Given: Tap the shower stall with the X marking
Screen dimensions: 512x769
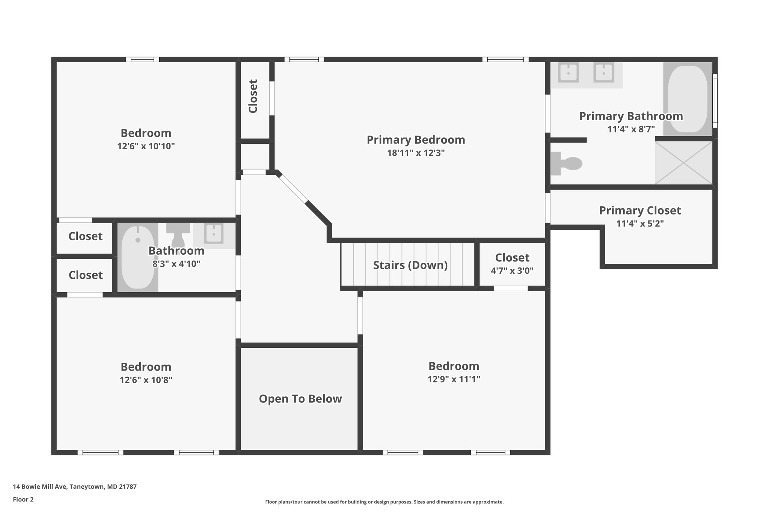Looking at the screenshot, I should (x=683, y=163).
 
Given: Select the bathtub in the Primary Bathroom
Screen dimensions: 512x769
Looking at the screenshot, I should (x=688, y=99).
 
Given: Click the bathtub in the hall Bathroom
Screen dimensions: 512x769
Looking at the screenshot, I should (x=138, y=257).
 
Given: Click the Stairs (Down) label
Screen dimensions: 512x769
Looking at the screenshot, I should (x=410, y=265).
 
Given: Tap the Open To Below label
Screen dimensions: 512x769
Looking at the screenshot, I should (x=300, y=399).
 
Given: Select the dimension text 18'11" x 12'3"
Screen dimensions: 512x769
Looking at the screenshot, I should (x=416, y=153).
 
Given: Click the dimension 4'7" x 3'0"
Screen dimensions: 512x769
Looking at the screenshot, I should (x=512, y=271).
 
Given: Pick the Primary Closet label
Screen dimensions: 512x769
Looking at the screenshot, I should (x=639, y=210).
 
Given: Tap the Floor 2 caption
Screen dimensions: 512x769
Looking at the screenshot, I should (x=23, y=499).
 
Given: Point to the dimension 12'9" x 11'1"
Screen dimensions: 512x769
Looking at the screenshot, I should (x=454, y=379).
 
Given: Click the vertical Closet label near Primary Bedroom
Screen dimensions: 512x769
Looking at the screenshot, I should (x=253, y=96).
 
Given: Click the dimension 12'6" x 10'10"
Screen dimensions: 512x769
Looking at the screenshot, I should (x=146, y=146).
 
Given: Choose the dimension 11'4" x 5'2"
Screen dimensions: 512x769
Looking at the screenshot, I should (x=640, y=224).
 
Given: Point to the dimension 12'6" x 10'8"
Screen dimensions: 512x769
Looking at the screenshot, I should (x=146, y=380).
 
